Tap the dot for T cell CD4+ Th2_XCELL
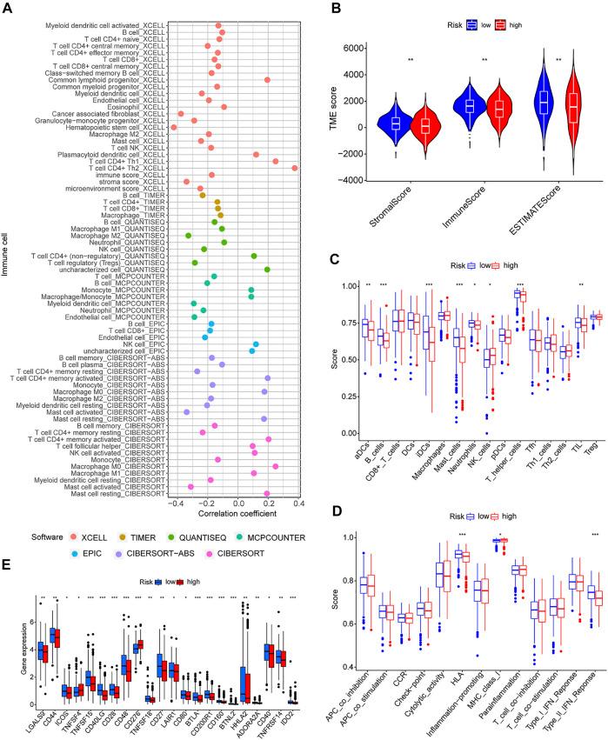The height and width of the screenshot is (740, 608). pos(319,168)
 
